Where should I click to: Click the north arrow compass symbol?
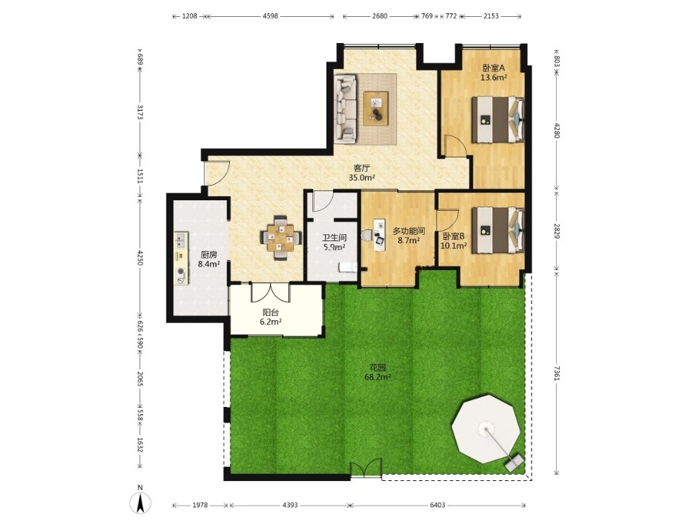coord(140,504)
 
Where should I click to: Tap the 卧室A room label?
coord(494,68)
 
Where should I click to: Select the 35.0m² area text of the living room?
coord(362,178)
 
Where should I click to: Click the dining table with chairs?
coord(281,238)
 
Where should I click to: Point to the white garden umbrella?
coord(485,430)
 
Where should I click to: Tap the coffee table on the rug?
coord(376,108)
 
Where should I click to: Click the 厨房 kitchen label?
coord(209,255)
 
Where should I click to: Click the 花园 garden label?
coord(377,367)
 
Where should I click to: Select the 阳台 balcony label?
coord(271,312)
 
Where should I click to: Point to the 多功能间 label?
coord(409,231)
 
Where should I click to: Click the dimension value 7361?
coord(557,374)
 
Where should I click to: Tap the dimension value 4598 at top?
coord(270,16)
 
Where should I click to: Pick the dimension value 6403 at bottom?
coord(438,505)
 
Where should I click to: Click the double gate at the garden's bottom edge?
coord(366,470)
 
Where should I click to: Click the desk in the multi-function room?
coord(379,235)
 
